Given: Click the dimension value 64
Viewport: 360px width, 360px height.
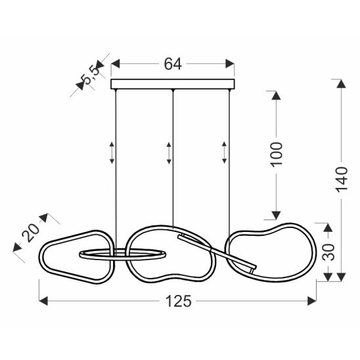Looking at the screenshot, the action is point(173,64).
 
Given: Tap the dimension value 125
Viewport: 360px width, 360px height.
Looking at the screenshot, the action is point(179,301).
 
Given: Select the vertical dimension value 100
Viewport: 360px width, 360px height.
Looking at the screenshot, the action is point(276,154).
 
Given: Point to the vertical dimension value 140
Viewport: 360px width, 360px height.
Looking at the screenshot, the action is point(342,180).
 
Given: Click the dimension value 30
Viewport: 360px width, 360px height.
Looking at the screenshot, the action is point(328,252).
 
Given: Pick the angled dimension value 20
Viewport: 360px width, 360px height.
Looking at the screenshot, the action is point(30,232).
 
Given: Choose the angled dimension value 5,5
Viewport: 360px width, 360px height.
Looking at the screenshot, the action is point(91,74).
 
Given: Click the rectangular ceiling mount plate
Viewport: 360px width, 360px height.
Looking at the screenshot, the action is point(173,84).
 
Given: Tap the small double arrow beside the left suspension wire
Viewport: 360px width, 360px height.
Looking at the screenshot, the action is point(112,152).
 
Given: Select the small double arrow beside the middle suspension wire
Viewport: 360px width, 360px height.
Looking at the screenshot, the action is point(169,153).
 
